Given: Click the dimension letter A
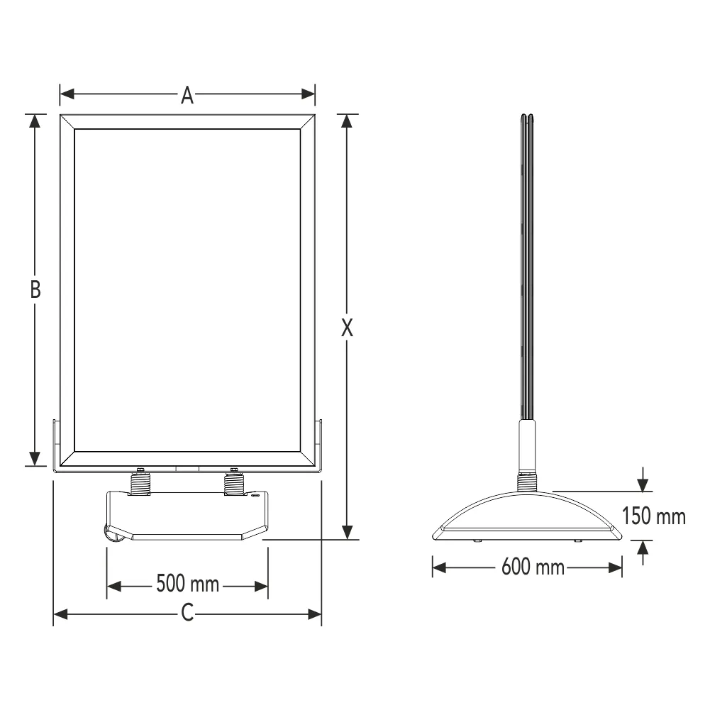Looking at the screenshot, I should pyautogui.click(x=187, y=94).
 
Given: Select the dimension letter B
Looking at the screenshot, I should pyautogui.click(x=35, y=289).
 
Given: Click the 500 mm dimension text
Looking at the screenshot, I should pyautogui.click(x=188, y=586).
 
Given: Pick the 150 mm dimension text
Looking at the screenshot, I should pyautogui.click(x=654, y=516).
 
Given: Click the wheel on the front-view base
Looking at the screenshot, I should pyautogui.click(x=113, y=533).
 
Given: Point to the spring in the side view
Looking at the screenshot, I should pyautogui.click(x=527, y=482).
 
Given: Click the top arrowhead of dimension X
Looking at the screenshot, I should pyautogui.click(x=347, y=121).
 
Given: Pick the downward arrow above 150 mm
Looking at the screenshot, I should pyautogui.click(x=643, y=484).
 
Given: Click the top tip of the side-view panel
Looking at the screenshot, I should pyautogui.click(x=527, y=114).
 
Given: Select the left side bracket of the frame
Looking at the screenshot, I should pyautogui.click(x=57, y=443).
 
